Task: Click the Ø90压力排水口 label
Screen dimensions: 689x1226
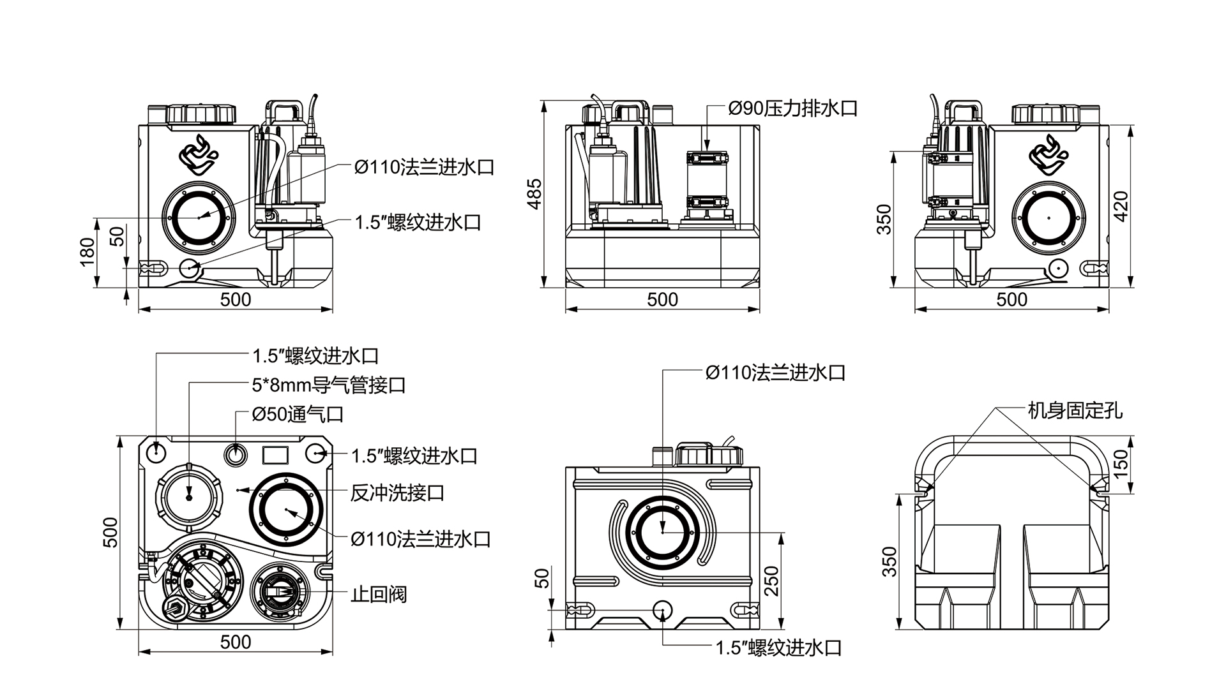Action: tap(792, 108)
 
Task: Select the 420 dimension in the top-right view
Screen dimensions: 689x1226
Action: tap(1121, 205)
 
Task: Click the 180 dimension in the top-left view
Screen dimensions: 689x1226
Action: tap(88, 251)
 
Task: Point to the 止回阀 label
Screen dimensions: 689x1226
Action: tap(378, 595)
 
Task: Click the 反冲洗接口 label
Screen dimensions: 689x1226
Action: tap(397, 493)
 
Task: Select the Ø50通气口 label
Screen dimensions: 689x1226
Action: tap(298, 415)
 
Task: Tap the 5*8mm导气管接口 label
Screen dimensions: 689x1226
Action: tap(329, 385)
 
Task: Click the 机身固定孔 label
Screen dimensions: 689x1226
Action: tap(1075, 410)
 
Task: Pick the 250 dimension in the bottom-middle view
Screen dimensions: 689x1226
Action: tap(772, 581)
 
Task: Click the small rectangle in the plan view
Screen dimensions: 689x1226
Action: tap(276, 455)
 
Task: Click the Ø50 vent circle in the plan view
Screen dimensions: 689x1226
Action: tap(236, 454)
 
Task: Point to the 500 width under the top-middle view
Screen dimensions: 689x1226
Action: tap(662, 299)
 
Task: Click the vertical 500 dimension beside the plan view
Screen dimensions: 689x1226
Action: tap(110, 531)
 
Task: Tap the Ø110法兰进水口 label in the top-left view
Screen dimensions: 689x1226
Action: tap(425, 168)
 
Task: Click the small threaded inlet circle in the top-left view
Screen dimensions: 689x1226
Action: tap(190, 269)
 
